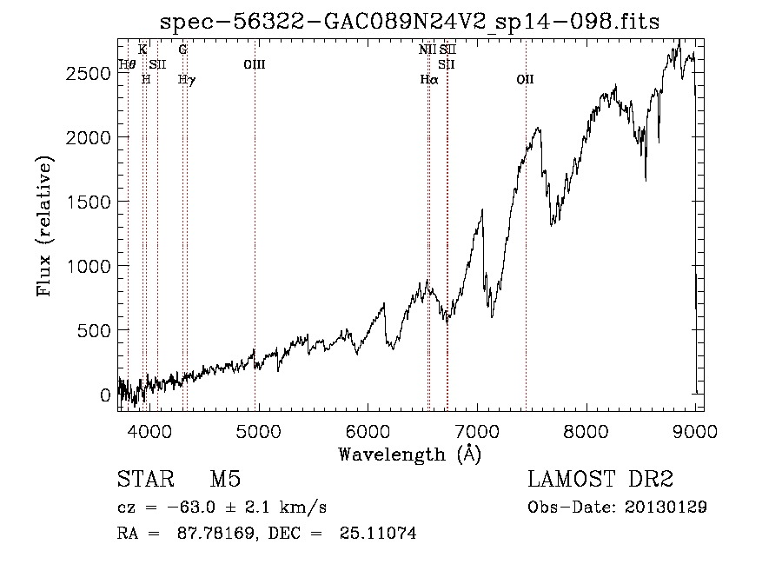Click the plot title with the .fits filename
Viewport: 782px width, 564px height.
(409, 22)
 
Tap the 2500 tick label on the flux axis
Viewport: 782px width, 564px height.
(89, 73)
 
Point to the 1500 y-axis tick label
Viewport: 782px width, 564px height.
(89, 202)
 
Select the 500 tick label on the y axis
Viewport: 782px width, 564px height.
(94, 330)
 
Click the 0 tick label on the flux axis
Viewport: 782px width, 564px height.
(105, 395)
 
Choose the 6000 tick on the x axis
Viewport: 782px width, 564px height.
(368, 431)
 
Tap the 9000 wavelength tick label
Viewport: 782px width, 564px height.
(695, 431)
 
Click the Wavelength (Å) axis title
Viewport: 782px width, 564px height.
(410, 455)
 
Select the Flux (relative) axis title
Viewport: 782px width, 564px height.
(44, 227)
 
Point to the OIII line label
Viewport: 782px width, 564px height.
(255, 64)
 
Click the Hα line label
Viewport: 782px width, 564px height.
(429, 79)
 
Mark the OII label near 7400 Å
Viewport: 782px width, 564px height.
(525, 79)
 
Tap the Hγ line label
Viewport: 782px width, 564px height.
(187, 80)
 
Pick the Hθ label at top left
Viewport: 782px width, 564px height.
(127, 64)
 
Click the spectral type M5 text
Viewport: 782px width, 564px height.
(225, 479)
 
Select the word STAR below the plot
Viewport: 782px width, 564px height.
(146, 479)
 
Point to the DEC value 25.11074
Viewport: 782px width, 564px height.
(378, 533)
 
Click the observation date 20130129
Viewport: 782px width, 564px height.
(666, 507)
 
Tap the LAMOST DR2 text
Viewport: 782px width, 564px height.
(600, 479)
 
